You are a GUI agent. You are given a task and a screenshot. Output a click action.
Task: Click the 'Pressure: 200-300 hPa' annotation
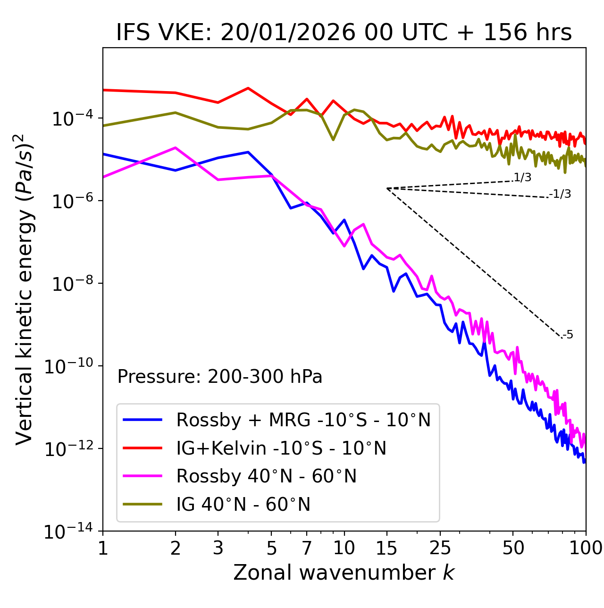click(x=220, y=377)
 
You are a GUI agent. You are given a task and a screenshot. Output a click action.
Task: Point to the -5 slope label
click(x=568, y=335)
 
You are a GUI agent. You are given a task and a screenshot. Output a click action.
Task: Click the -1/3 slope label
click(x=560, y=194)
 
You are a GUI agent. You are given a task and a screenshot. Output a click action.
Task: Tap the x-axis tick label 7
click(x=307, y=548)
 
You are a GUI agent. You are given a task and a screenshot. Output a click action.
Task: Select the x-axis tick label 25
click(x=440, y=548)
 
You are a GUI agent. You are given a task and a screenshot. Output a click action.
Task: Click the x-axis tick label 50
click(x=513, y=548)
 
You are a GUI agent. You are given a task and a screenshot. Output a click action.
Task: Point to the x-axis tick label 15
click(x=386, y=548)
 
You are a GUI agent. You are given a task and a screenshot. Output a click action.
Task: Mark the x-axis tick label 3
click(x=218, y=548)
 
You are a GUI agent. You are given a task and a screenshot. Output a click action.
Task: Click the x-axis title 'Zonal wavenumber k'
click(x=344, y=573)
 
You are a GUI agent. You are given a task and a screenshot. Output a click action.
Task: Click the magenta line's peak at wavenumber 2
click(x=176, y=148)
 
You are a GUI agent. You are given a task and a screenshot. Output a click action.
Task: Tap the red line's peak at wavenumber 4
click(x=248, y=88)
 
